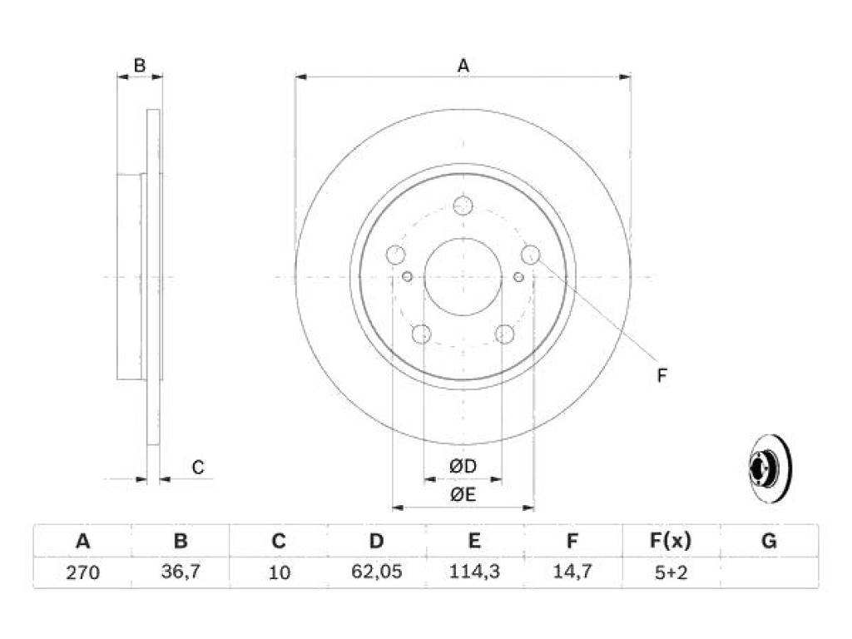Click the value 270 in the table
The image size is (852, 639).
coord(82,572)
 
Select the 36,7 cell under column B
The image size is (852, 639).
coord(181,572)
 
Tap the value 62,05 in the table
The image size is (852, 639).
coord(377,572)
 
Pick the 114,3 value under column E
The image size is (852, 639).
coord(474,572)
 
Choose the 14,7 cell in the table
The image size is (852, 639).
coord(572,572)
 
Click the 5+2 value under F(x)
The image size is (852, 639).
coord(671,572)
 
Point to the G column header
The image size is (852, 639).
coord(769,541)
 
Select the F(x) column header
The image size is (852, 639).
coord(671,541)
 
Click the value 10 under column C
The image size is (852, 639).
coord(279,572)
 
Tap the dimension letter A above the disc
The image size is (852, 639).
coord(463,66)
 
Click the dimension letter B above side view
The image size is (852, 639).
coord(140,66)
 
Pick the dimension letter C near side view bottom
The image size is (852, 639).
coord(198,468)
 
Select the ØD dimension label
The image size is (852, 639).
coord(463,466)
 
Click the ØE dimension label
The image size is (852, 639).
coord(463,494)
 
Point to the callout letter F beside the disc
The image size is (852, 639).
coord(661,375)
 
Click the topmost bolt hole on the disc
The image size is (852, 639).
coord(463,206)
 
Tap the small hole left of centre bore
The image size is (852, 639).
coord(407,277)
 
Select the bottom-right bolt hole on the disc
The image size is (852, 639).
coord(504,334)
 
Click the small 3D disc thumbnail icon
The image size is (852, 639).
coord(770,468)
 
